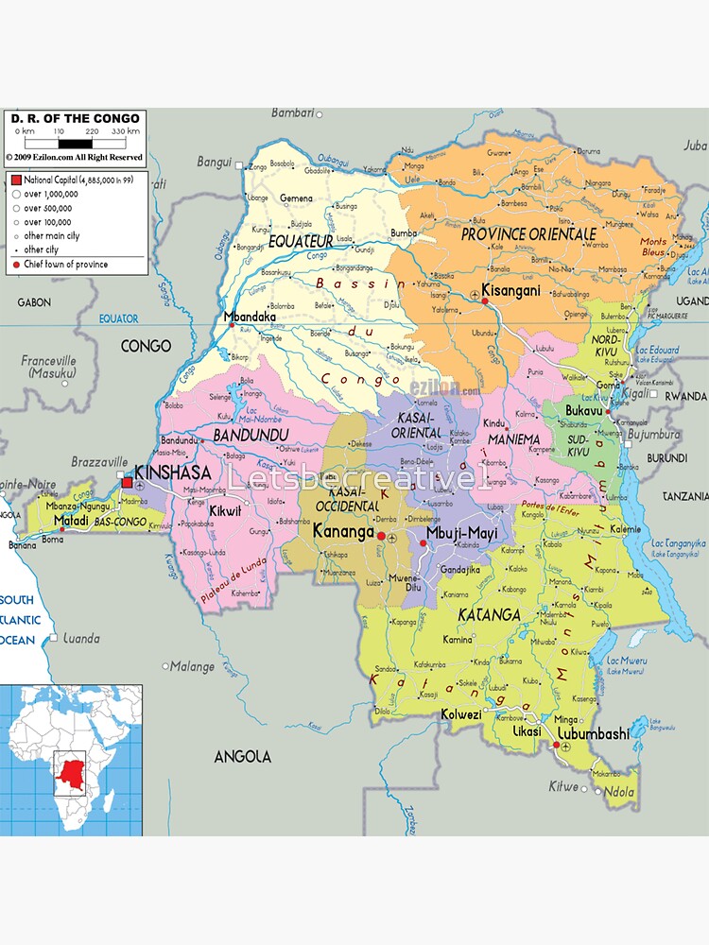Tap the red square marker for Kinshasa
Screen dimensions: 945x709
pos(127,482)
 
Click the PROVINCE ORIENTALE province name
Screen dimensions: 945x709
pos(528,233)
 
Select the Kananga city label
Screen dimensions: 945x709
pos(343,532)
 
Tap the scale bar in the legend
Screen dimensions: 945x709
pos(76,144)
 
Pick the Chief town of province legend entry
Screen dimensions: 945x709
pos(66,265)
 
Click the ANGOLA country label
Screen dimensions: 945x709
pos(243,756)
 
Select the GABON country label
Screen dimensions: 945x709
pos(34,302)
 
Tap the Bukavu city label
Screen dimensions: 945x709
pos(584,411)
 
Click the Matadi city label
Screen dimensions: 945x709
pos(70,520)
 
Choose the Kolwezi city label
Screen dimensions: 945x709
pos(460,714)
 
